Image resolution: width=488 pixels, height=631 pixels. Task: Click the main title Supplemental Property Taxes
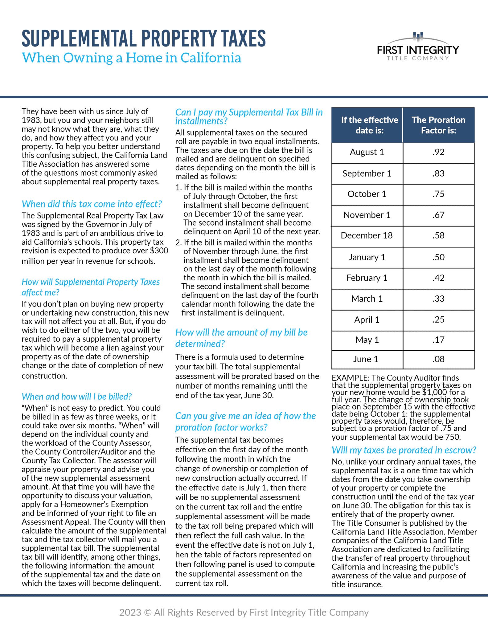click(144, 39)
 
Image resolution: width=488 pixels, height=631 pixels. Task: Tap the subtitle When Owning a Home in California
click(131, 58)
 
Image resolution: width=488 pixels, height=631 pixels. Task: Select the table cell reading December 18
click(367, 236)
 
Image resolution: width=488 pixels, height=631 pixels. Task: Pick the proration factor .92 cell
click(438, 152)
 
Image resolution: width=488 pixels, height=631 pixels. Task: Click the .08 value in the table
click(438, 359)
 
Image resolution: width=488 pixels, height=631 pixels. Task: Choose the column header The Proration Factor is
click(438, 125)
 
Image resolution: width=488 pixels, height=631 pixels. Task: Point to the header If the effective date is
click(369, 125)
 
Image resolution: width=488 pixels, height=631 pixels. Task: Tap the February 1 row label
click(367, 278)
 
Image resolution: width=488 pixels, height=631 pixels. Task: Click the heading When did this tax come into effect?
click(92, 204)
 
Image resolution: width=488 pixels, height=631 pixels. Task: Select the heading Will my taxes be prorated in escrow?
click(404, 450)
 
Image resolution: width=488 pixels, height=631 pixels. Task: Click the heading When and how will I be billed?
click(77, 397)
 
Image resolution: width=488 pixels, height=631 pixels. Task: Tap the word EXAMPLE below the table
click(350, 378)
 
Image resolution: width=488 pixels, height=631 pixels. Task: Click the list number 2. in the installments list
click(178, 242)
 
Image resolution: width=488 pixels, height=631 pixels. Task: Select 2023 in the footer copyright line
click(130, 612)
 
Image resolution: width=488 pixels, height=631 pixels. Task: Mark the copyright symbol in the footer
click(148, 612)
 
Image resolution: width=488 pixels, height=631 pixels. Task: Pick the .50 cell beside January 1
click(438, 257)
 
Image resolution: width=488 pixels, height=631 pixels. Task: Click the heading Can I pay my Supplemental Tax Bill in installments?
click(248, 116)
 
